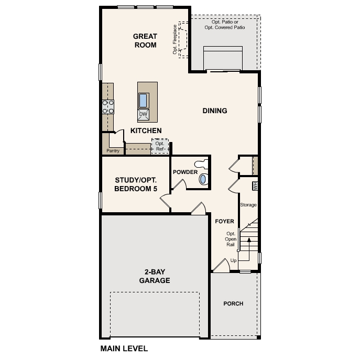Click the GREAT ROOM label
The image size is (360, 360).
click(x=145, y=41)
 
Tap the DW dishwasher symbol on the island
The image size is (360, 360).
click(x=143, y=115)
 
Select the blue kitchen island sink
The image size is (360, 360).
click(x=143, y=100)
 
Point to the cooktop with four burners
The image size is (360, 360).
click(x=108, y=107)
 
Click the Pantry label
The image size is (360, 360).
click(x=113, y=151)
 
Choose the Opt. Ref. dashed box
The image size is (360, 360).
click(x=160, y=146)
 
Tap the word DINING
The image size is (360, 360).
click(x=215, y=111)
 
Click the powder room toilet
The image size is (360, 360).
click(x=201, y=164)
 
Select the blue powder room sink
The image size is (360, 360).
click(x=203, y=179)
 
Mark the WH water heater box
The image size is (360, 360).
click(x=255, y=186)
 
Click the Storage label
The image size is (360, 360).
click(x=248, y=205)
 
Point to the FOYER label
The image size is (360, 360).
click(x=224, y=221)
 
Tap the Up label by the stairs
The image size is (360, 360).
click(x=233, y=260)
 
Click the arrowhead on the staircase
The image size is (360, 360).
click(x=249, y=239)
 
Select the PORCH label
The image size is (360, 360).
click(x=233, y=303)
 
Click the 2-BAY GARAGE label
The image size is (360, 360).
click(x=155, y=276)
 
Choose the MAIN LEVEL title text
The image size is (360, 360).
click(x=124, y=348)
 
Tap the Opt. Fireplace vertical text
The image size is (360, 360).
click(x=175, y=39)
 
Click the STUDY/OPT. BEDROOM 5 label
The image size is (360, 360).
click(x=136, y=184)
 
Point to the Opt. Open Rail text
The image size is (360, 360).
click(x=231, y=239)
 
